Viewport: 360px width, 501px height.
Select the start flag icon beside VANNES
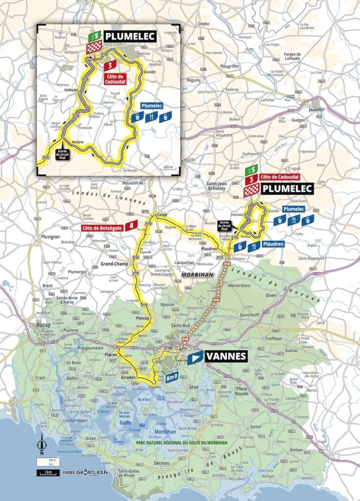[x=195, y=357]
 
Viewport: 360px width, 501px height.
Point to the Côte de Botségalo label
[x=101, y=227]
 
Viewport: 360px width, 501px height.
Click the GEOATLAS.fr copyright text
[x=86, y=473]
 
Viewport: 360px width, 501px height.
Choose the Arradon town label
[x=128, y=378]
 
